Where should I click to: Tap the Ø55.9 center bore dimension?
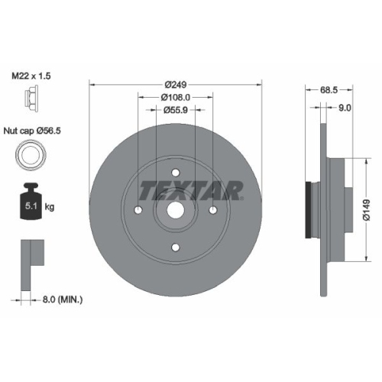[176, 110]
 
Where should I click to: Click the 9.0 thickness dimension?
[344, 108]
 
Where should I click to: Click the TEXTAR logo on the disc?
[191, 188]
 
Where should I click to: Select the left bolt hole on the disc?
[138, 211]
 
